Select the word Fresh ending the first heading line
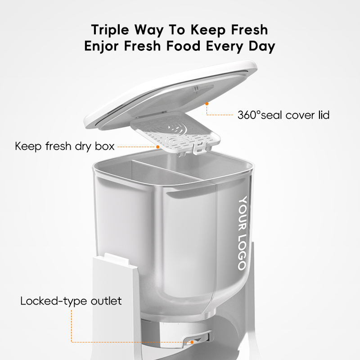[246, 30]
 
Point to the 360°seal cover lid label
[283, 115]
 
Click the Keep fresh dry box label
[65, 146]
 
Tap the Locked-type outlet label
[71, 301]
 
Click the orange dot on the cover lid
[207, 103]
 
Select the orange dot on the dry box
[158, 146]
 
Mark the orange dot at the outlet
[192, 342]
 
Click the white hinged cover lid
[171, 90]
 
